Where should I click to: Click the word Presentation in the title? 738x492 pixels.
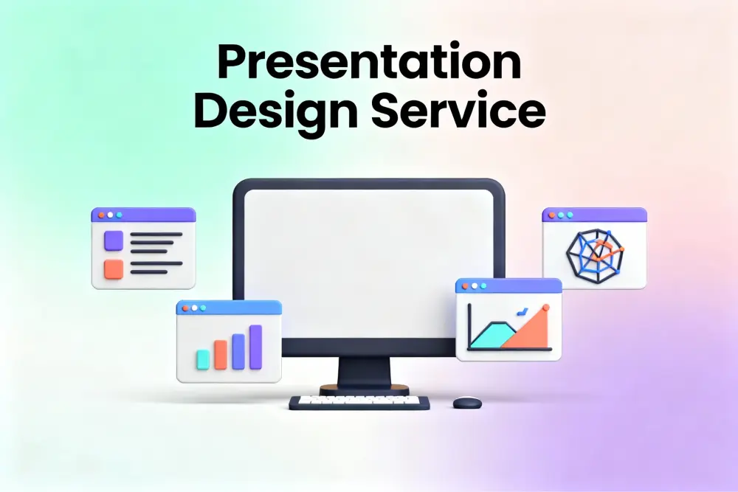click(x=369, y=62)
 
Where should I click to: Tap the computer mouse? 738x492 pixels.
click(x=467, y=403)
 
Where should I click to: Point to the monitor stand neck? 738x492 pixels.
click(x=365, y=372)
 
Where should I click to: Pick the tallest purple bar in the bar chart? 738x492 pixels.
click(x=255, y=347)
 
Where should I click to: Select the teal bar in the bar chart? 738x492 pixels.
click(x=203, y=359)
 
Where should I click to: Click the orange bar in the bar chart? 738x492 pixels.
click(x=221, y=355)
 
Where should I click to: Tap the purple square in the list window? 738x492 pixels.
click(x=114, y=240)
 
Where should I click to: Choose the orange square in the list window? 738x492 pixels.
click(x=114, y=269)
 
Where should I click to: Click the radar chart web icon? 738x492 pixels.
click(x=596, y=256)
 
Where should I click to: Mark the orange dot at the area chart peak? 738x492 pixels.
click(x=546, y=308)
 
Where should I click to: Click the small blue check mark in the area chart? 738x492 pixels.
click(x=522, y=311)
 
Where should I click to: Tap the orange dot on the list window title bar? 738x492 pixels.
click(x=101, y=215)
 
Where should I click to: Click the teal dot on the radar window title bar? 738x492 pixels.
click(x=570, y=215)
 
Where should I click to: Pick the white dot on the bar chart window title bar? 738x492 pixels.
click(x=194, y=308)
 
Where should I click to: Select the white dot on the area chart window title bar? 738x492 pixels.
click(x=475, y=286)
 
